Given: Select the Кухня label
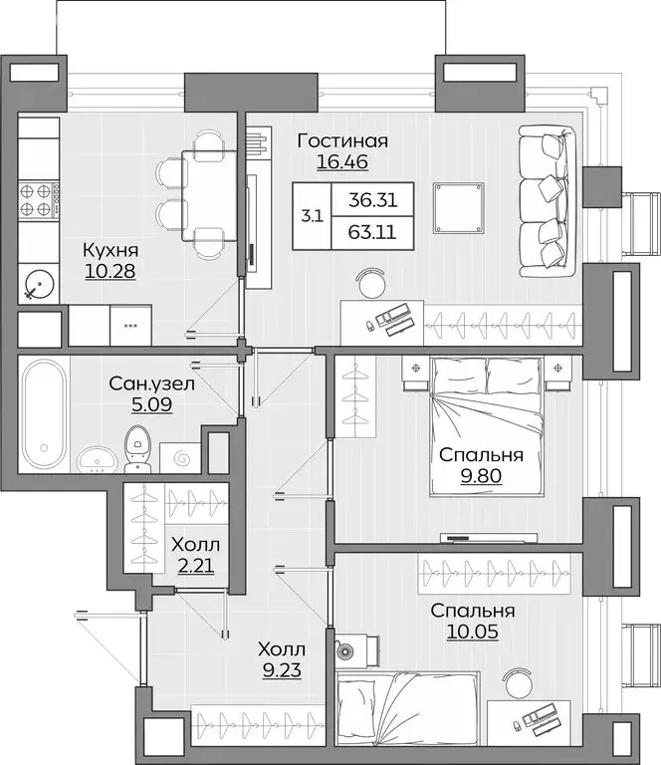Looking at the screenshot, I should [x=110, y=251].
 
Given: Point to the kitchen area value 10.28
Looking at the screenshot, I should [x=110, y=271].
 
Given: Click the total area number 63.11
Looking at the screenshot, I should [x=373, y=236].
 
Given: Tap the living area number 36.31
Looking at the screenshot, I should [x=373, y=199].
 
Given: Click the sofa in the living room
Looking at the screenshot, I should [x=547, y=203].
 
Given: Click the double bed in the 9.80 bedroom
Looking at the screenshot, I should [x=488, y=426].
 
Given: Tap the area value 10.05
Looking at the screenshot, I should [x=472, y=631].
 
